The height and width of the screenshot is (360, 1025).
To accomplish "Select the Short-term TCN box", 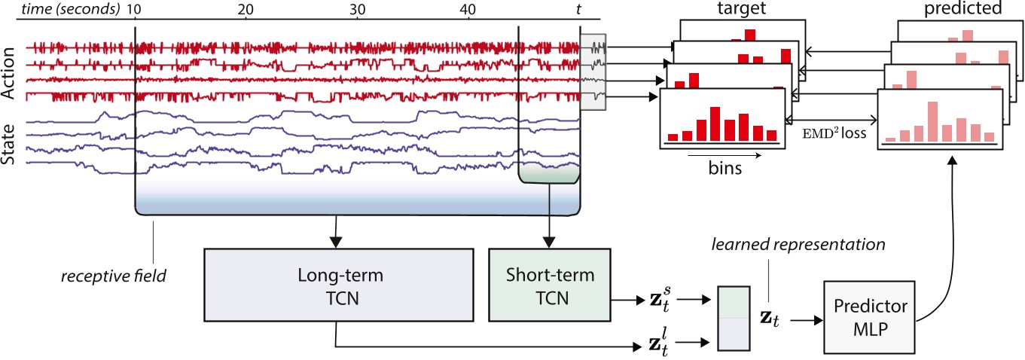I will coord(551,286).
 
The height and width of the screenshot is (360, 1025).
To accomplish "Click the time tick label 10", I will coord(136,9).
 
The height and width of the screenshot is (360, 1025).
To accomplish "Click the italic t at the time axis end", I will coord(578,9).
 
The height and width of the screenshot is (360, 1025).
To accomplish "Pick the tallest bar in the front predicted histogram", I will coord(933,121).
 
